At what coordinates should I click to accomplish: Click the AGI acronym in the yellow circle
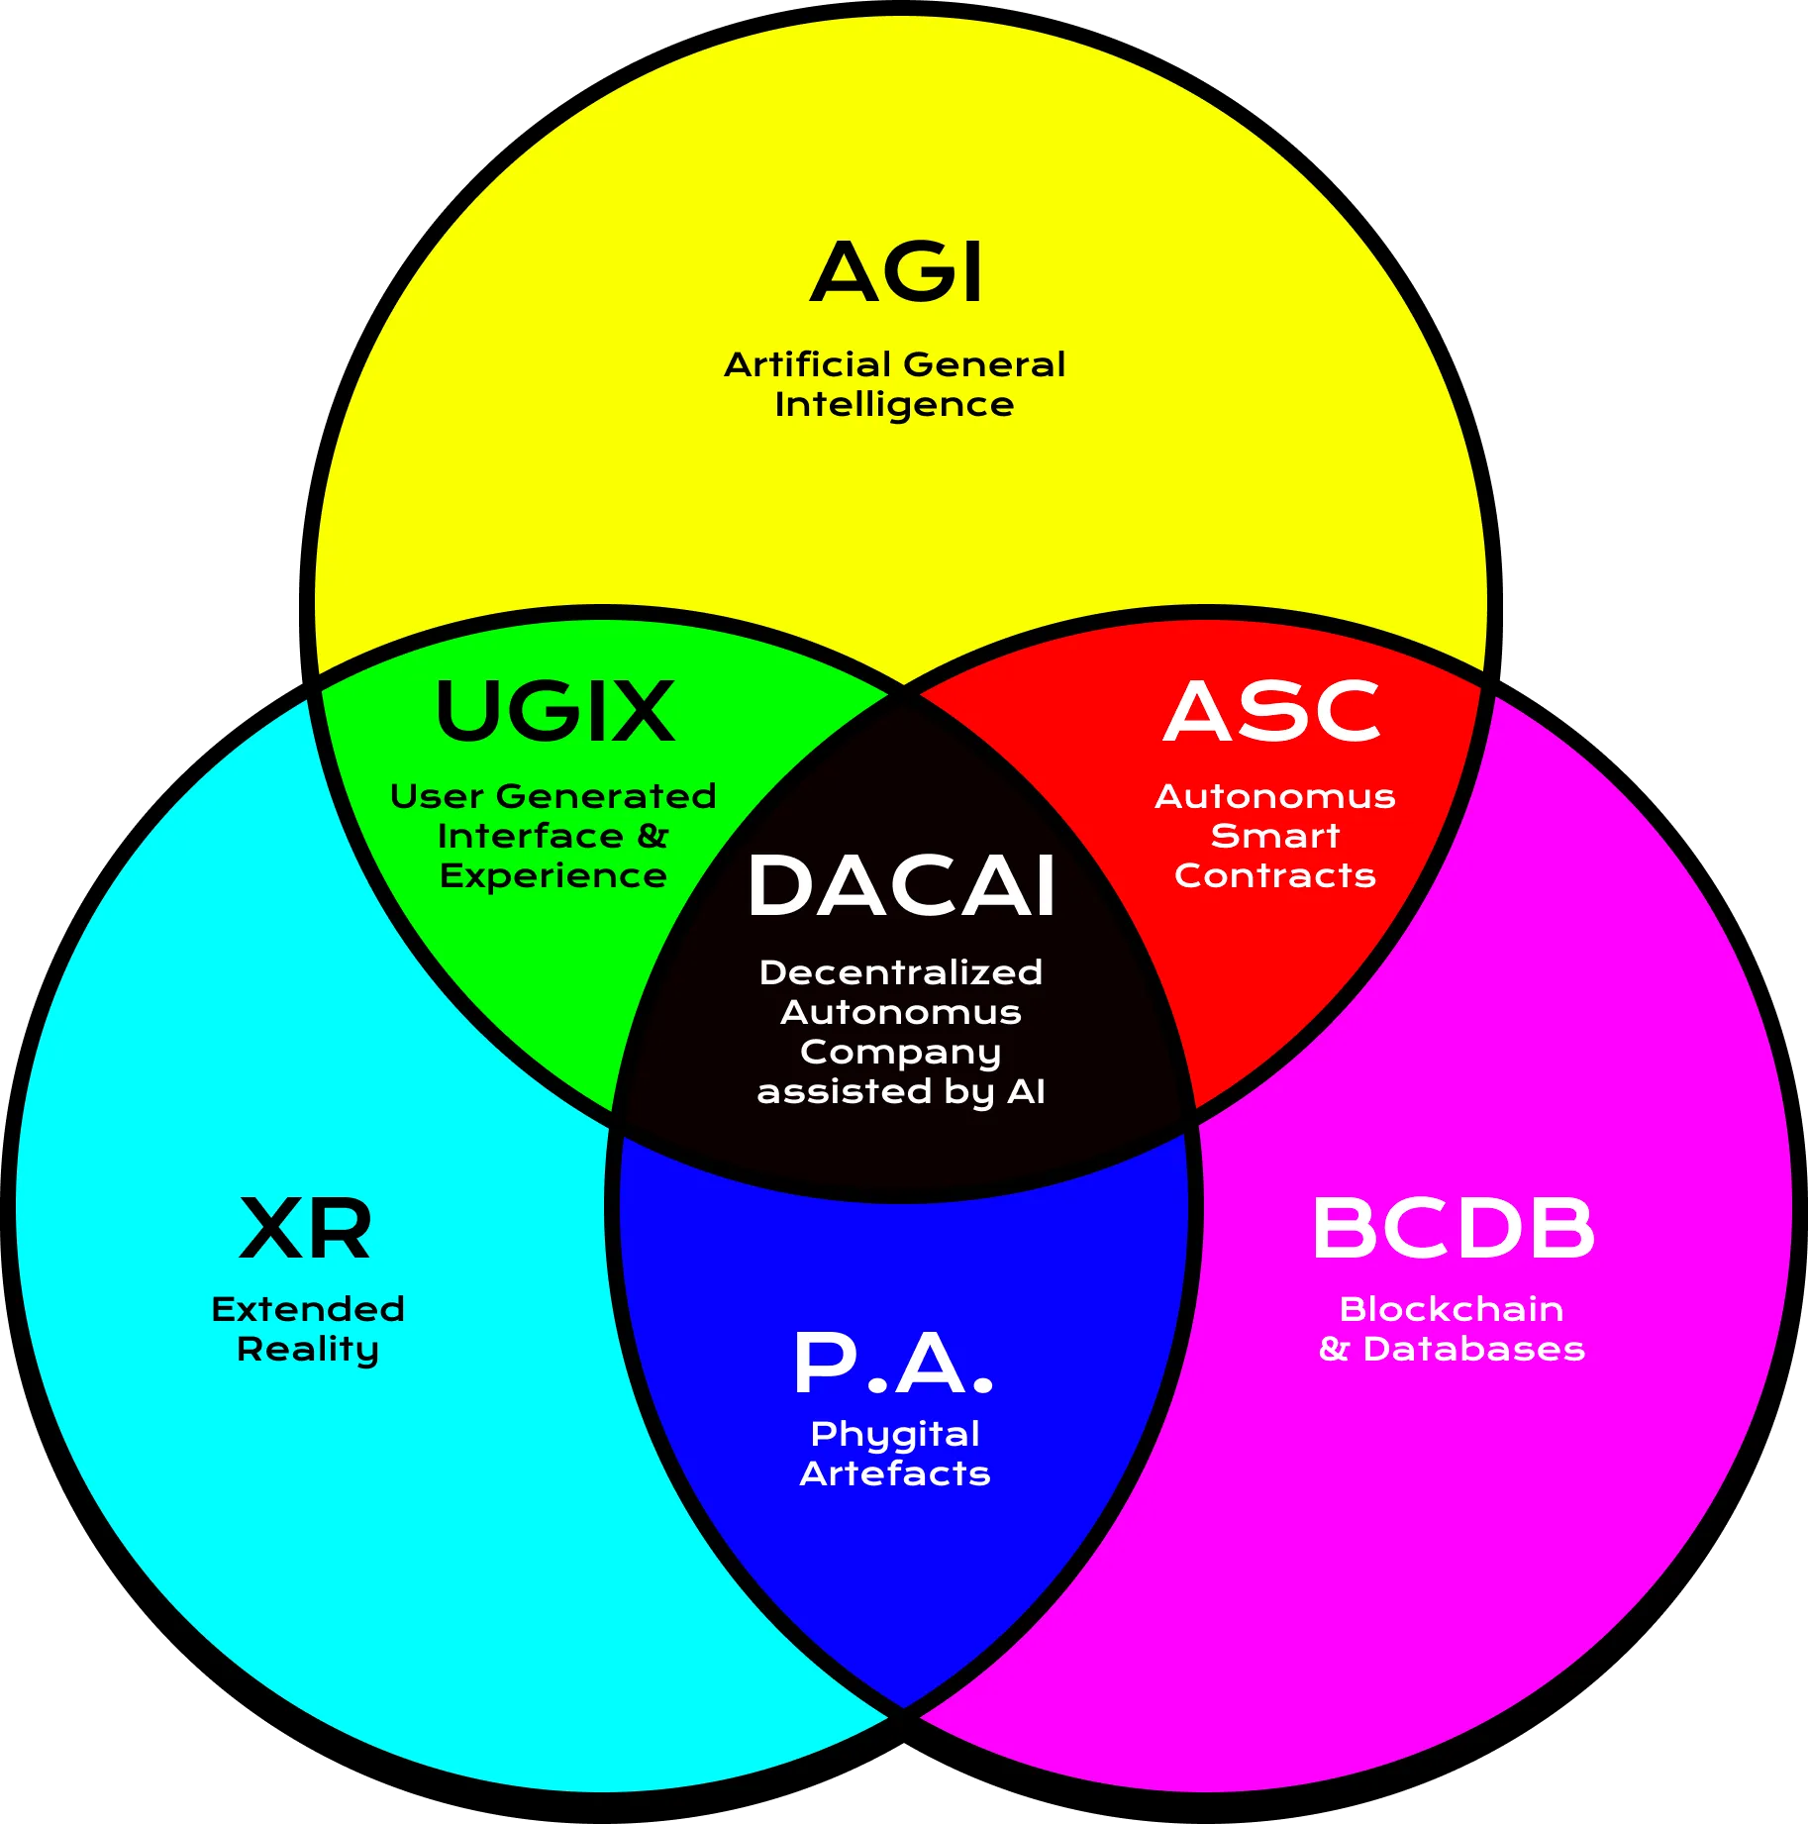click(x=897, y=271)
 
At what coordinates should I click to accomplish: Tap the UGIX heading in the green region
click(x=554, y=711)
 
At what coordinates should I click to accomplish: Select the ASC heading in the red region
click(x=1271, y=711)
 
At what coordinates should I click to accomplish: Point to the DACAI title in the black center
click(x=901, y=886)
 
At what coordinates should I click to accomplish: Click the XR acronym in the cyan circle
click(x=306, y=1228)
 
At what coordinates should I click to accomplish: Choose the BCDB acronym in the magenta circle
click(x=1454, y=1228)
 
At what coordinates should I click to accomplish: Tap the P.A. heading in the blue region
click(x=893, y=1364)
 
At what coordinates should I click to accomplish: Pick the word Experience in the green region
click(x=553, y=877)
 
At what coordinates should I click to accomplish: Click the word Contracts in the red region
click(x=1275, y=875)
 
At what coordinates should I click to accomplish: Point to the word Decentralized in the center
click(x=901, y=972)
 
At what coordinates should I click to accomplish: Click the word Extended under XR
click(x=308, y=1309)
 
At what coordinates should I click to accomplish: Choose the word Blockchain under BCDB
click(x=1452, y=1309)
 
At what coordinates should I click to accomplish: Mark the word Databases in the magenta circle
click(x=1474, y=1349)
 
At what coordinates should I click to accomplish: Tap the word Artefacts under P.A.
click(x=895, y=1473)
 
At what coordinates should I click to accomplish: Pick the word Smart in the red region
click(x=1275, y=836)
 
